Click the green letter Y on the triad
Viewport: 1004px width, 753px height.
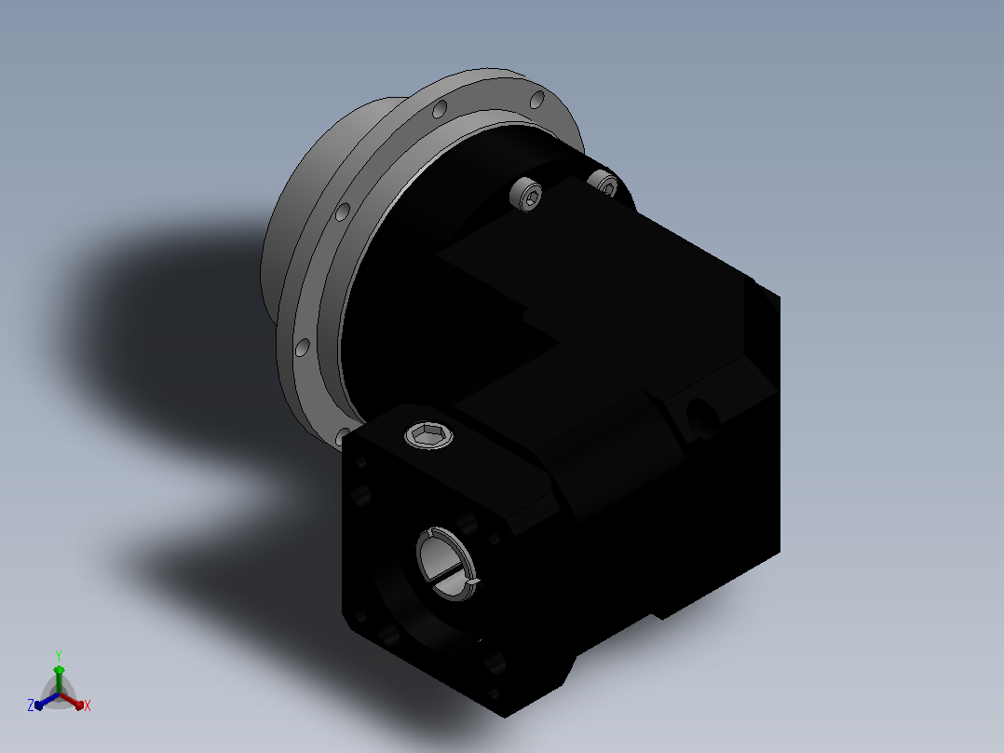tap(59, 656)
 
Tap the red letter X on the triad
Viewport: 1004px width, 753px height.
tap(88, 705)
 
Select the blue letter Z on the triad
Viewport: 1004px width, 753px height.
tap(31, 705)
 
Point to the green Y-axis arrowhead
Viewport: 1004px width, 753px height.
tap(59, 670)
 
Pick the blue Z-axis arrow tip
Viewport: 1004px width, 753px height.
tap(38, 705)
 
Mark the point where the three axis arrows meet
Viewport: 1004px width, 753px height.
tap(59, 694)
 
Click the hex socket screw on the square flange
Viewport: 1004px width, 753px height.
tap(429, 436)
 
